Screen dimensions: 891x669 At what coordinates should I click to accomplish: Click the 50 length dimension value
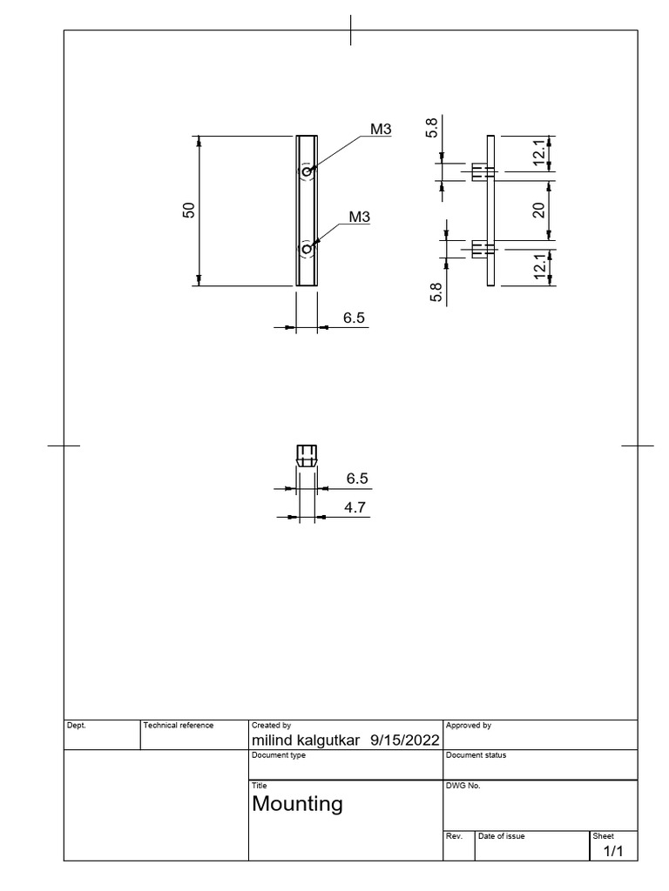(x=188, y=210)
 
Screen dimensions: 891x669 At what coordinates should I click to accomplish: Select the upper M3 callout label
(x=381, y=130)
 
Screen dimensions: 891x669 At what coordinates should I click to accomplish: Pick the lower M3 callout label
(x=361, y=217)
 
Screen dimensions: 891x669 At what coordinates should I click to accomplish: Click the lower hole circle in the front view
(x=307, y=250)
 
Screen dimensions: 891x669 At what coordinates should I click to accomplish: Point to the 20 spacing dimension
(x=539, y=210)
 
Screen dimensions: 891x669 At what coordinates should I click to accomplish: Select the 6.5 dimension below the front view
(x=354, y=318)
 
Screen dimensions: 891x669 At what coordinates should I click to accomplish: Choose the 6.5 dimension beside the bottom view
(x=357, y=479)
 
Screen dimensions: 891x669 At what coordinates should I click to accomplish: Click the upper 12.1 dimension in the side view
(x=539, y=153)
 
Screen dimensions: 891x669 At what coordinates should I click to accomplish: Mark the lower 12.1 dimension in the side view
(x=539, y=266)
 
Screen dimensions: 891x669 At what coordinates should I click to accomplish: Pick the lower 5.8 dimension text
(x=436, y=291)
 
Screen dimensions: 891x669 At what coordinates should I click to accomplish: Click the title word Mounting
(x=297, y=804)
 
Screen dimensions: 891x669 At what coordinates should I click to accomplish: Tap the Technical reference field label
(x=179, y=725)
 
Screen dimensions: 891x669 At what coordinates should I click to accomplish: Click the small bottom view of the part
(x=306, y=456)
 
